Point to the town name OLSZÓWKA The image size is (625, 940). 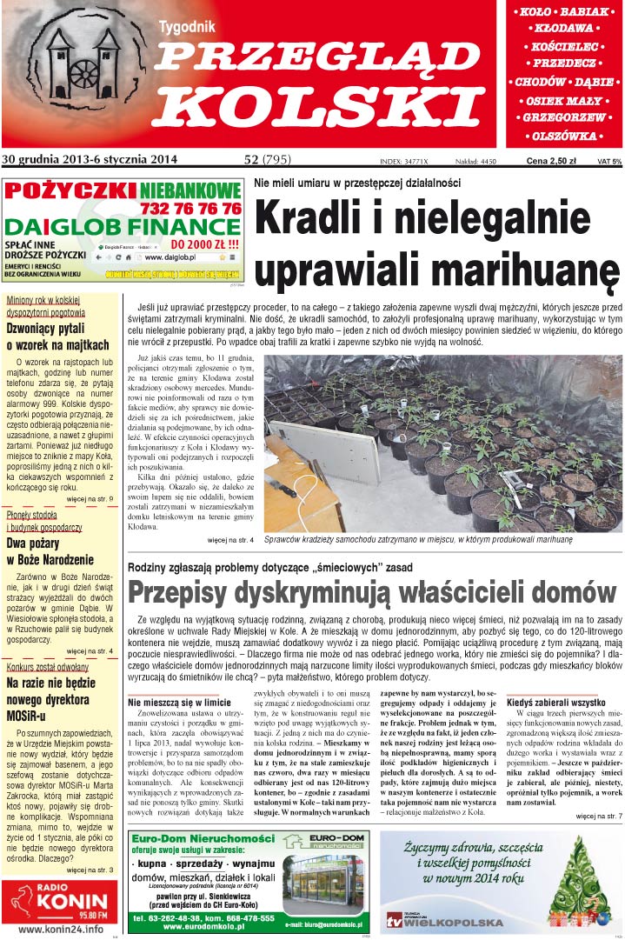pos(564,136)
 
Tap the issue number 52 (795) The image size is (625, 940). pos(268,159)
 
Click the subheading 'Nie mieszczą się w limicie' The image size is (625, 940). pos(179,702)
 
